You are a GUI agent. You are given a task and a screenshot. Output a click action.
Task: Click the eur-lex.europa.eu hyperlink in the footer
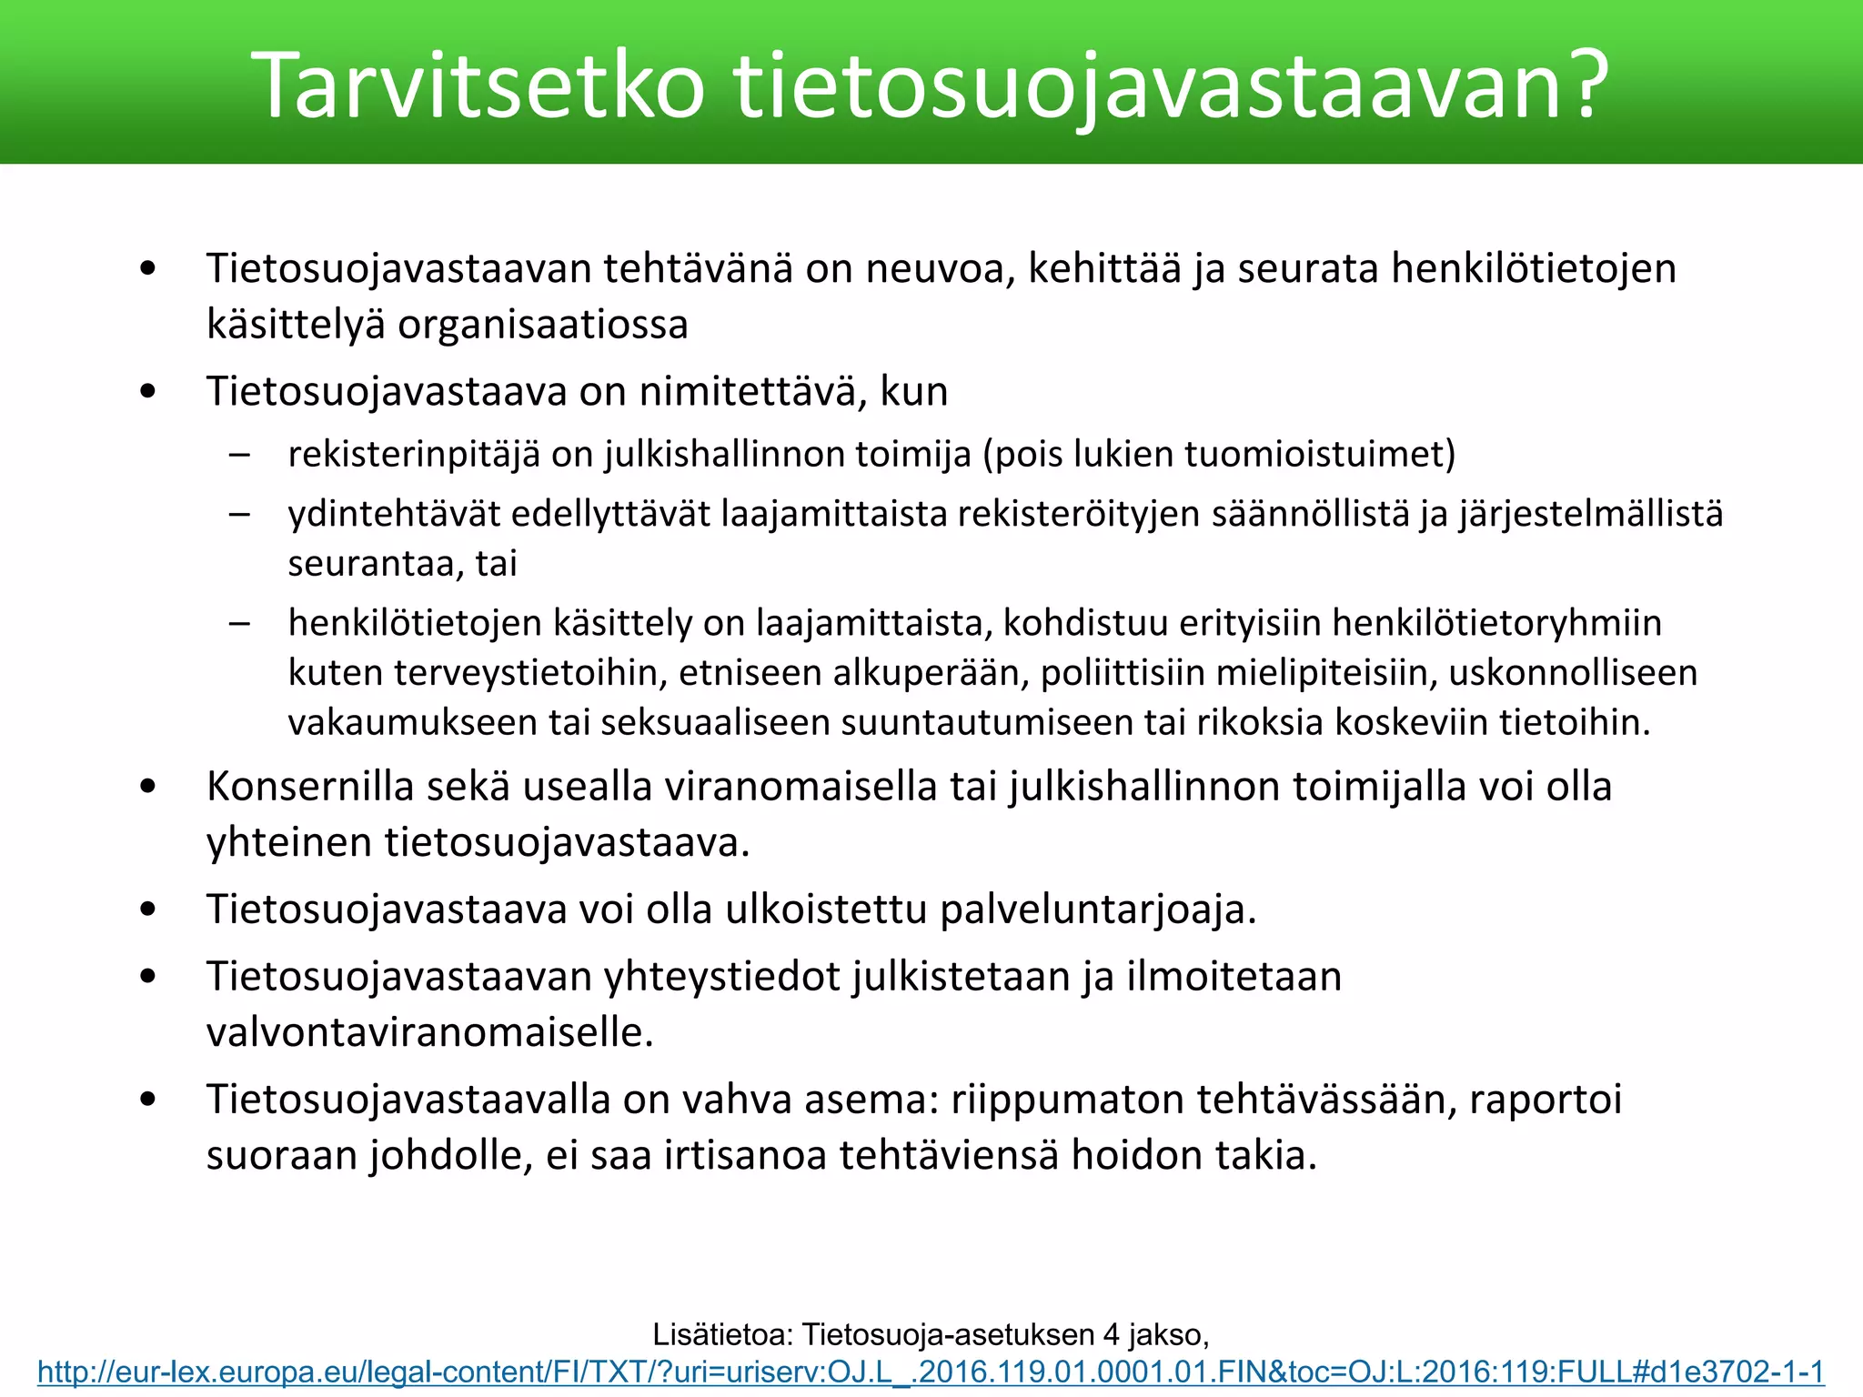pos(931,1372)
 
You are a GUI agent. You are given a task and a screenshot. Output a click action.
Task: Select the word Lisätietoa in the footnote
pos(722,1334)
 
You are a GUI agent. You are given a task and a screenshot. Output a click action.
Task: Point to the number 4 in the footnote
pos(1111,1334)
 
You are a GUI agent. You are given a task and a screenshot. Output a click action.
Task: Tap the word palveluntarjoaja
pos(1097,910)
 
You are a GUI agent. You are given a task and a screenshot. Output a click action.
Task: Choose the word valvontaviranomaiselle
pos(429,1032)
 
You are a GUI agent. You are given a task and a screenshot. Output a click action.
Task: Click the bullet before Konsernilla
pos(148,787)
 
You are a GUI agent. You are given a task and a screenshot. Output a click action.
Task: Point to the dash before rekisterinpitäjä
pos(240,454)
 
